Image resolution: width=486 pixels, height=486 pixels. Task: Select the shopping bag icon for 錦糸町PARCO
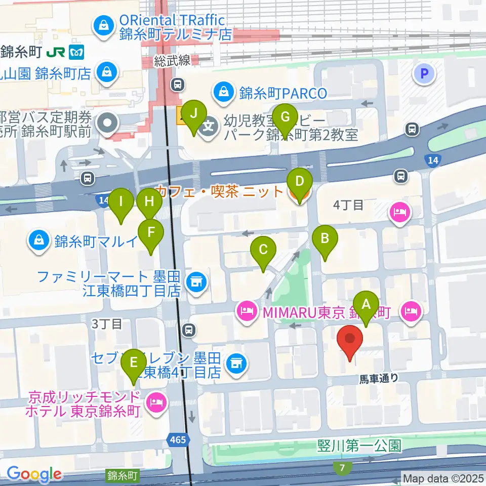[x=223, y=92]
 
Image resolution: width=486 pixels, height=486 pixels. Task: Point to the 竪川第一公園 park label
[x=359, y=445]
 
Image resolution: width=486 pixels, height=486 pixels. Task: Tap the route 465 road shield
[x=178, y=439]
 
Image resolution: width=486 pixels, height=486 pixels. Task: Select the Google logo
[x=34, y=474]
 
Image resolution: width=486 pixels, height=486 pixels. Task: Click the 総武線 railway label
[x=173, y=61]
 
